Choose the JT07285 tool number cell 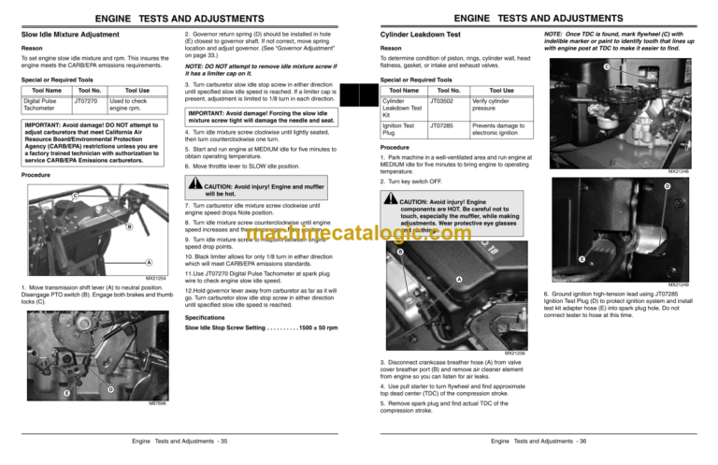(445, 122)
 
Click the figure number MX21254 (155, 278)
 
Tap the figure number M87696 (158, 403)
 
